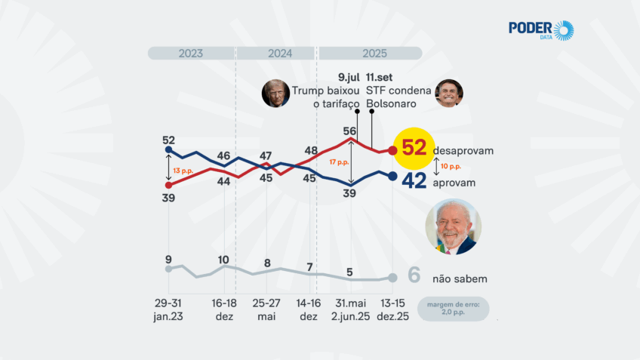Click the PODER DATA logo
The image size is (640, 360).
(x=540, y=30)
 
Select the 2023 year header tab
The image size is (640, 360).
(x=191, y=54)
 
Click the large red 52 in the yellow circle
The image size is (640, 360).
(x=414, y=148)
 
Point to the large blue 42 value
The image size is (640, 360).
(x=414, y=181)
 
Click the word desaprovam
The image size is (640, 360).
(x=463, y=151)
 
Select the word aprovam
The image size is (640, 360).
(x=455, y=183)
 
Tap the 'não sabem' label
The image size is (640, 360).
(x=459, y=278)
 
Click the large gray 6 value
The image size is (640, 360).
(x=414, y=276)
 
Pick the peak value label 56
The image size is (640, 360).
(x=349, y=131)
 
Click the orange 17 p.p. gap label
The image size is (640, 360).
(x=340, y=162)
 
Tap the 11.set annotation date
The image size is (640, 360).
(x=379, y=77)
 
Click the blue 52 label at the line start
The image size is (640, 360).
(x=168, y=140)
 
